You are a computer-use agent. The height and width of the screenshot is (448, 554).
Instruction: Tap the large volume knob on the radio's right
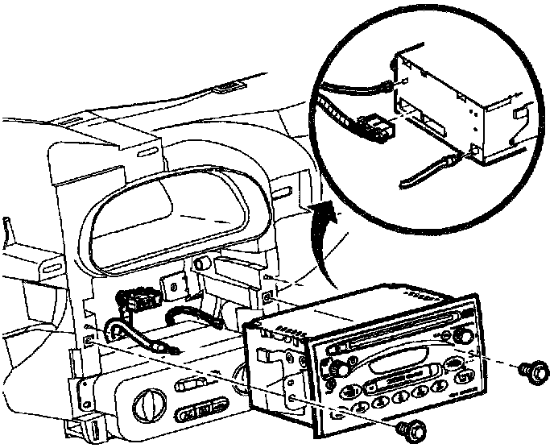coord(464,336)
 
